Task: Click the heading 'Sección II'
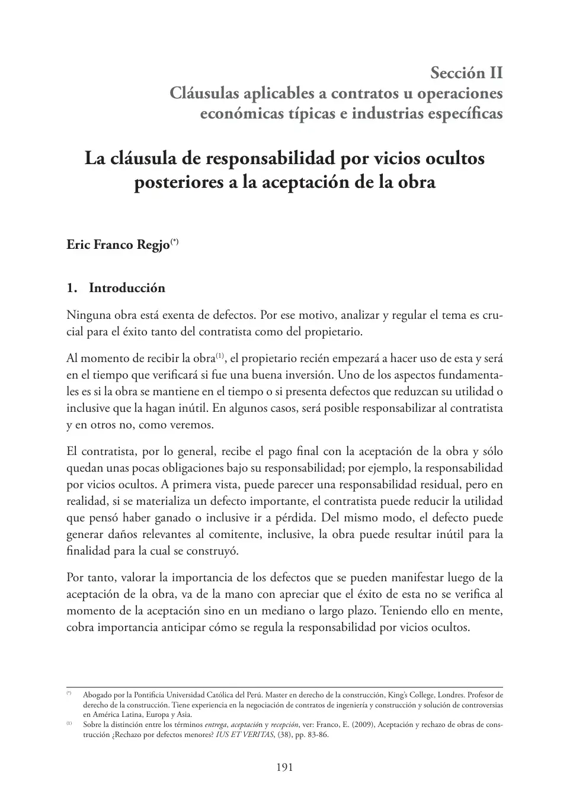coord(466,73)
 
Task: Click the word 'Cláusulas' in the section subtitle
coord(204,93)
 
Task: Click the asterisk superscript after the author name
coord(174,241)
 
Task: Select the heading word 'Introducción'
coord(127,288)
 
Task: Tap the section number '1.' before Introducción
coord(72,288)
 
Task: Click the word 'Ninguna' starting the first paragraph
coord(88,315)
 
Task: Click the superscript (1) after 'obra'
coord(219,355)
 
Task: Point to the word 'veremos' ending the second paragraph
coord(191,425)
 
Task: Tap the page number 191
coord(285,767)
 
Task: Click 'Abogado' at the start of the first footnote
coord(95,694)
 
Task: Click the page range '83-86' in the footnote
coord(318,735)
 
